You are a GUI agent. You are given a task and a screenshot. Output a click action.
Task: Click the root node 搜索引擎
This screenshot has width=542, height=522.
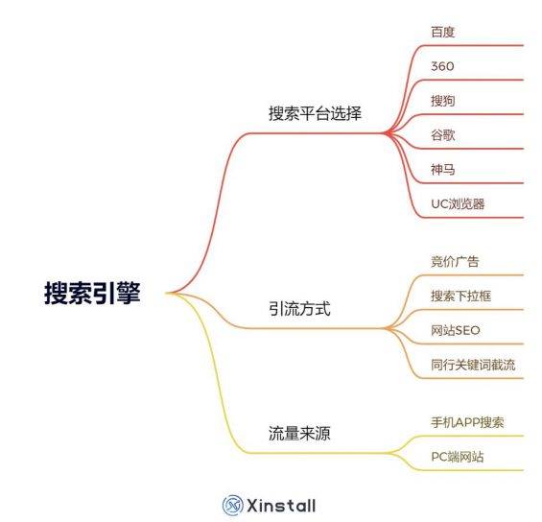(x=92, y=293)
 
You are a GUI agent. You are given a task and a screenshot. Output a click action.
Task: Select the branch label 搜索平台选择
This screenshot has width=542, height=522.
(x=315, y=113)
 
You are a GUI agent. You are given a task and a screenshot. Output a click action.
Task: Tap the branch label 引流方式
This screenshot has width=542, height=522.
(x=299, y=308)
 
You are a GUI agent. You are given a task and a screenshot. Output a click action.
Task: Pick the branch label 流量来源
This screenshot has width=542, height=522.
(x=299, y=433)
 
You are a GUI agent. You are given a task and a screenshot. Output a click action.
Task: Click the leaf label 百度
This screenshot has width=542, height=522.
(x=443, y=32)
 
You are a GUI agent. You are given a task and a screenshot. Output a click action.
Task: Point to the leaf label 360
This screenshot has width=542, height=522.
(x=442, y=66)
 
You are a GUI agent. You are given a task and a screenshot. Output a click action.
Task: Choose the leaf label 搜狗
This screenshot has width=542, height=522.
(x=443, y=101)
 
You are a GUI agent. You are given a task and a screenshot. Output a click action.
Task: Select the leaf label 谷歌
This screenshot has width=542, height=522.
(x=443, y=135)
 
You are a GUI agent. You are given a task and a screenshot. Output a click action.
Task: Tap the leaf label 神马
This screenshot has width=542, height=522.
(x=443, y=170)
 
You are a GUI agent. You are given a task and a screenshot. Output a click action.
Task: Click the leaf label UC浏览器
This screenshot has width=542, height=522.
(x=458, y=204)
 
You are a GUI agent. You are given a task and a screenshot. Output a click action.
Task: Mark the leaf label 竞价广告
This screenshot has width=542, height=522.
(x=455, y=261)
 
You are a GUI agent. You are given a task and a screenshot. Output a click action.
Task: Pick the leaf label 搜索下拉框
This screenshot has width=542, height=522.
(x=460, y=296)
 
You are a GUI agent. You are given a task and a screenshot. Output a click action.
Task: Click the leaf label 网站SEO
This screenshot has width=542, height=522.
(x=456, y=330)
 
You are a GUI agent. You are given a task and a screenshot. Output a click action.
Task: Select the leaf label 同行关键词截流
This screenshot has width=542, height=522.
(x=473, y=365)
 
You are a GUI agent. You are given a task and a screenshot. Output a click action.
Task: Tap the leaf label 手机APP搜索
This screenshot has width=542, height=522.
(x=467, y=422)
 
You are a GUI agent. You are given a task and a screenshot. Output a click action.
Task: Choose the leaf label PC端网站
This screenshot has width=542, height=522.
(x=458, y=457)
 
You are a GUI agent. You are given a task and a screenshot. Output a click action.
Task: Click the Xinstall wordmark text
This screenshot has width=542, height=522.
(x=281, y=506)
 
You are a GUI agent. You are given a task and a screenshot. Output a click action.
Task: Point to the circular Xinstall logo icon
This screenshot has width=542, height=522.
(x=233, y=506)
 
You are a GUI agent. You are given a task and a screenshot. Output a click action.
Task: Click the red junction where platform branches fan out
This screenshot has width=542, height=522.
(x=388, y=132)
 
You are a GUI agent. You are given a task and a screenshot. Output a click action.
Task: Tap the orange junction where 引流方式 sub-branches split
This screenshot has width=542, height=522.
(x=389, y=328)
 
